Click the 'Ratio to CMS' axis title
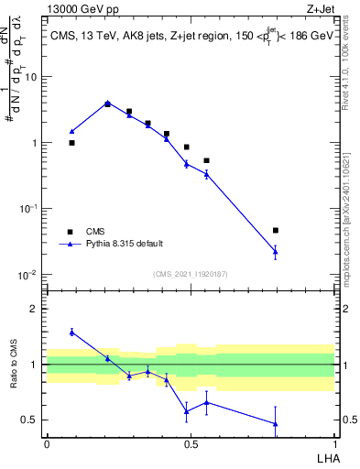[16, 365]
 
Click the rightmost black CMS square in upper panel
[276, 231]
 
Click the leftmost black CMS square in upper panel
[71, 143]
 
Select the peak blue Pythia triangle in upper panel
[107, 104]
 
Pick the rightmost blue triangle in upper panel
[276, 250]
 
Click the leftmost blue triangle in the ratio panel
[71, 332]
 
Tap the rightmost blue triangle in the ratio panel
[276, 423]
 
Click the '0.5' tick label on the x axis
[191, 442]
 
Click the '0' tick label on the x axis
[46, 442]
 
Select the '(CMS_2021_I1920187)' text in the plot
[190, 274]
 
